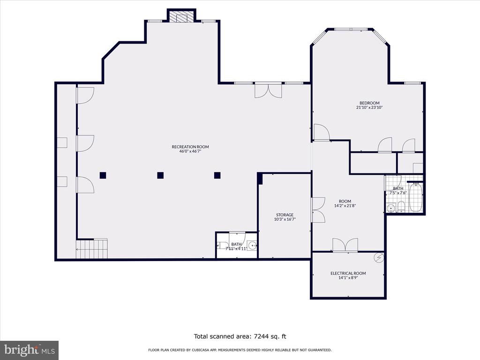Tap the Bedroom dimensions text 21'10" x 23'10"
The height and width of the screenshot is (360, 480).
tap(369, 107)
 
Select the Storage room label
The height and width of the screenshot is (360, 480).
tap(285, 215)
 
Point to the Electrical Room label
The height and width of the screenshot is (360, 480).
tap(348, 273)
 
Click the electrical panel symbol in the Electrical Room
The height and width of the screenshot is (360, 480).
tap(379, 258)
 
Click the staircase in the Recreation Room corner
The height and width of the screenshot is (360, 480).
tap(92, 248)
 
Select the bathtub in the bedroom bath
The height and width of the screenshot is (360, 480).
tap(416, 198)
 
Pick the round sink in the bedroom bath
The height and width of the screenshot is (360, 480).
tap(390, 209)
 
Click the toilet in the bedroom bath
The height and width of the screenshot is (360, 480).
tap(401, 207)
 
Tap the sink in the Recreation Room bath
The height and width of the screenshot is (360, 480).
tap(252, 245)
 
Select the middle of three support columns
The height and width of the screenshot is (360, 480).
tap(160, 175)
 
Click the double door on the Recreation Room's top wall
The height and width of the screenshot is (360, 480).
tap(268, 90)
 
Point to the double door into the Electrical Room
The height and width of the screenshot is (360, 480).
tap(345, 245)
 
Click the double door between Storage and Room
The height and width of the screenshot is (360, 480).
tap(318, 210)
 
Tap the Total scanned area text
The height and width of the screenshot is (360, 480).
tap(240, 337)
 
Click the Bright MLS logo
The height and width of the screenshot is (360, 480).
tap(30, 350)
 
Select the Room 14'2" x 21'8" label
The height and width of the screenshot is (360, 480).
tap(345, 203)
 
